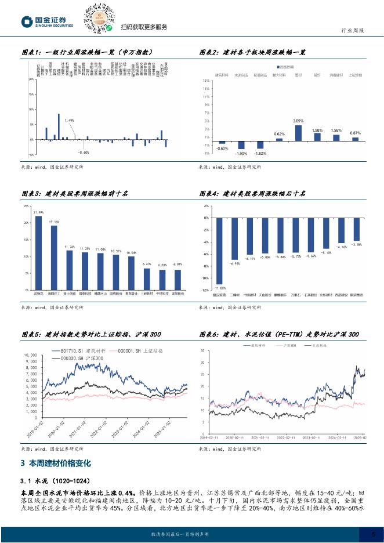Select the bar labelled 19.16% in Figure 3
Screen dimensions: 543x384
(x=54, y=258)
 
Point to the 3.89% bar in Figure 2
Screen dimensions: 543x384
(x=299, y=133)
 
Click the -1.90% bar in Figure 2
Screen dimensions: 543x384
(x=241, y=146)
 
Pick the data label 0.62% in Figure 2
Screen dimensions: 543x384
(x=279, y=134)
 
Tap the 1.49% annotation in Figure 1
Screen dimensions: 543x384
(x=70, y=120)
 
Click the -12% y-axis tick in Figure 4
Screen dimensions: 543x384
(x=205, y=289)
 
